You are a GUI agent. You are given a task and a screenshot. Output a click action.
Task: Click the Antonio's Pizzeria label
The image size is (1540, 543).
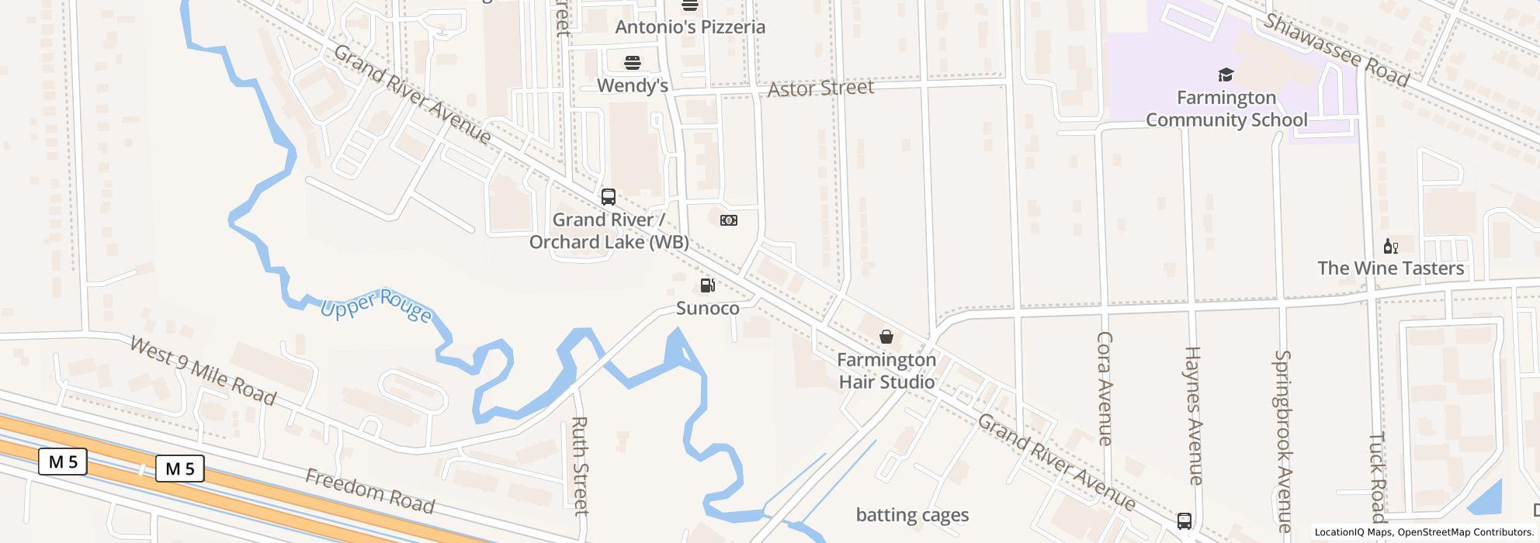click(x=690, y=27)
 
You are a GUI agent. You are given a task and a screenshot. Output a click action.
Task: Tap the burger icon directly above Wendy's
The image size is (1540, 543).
click(x=633, y=62)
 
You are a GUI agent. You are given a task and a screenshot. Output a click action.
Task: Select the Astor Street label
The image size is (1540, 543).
click(x=820, y=88)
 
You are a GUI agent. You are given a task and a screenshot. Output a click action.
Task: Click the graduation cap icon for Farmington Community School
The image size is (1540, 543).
click(x=1226, y=74)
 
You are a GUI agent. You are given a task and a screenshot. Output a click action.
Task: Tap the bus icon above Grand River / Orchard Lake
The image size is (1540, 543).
click(x=609, y=197)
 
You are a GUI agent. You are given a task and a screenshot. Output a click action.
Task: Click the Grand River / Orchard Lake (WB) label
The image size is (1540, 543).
click(x=609, y=231)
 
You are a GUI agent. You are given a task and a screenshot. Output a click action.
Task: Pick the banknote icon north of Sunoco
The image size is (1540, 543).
click(x=728, y=220)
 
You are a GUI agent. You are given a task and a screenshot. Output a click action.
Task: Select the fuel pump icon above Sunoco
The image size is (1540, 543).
click(x=707, y=285)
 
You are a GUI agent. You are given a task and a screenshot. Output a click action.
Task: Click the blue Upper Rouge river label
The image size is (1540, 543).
click(x=376, y=305)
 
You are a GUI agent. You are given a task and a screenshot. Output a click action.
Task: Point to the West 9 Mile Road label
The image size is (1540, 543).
click(x=203, y=371)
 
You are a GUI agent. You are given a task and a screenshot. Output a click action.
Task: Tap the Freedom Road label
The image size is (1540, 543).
click(x=369, y=490)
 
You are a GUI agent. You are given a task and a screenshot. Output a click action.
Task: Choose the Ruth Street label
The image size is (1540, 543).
click(x=580, y=465)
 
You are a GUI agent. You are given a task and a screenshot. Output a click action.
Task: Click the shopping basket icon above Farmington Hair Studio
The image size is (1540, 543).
click(x=886, y=337)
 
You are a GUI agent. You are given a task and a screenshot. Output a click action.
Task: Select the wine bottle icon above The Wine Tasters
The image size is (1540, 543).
click(x=1390, y=247)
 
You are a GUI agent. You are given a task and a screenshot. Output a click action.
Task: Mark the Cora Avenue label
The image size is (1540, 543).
click(x=1105, y=388)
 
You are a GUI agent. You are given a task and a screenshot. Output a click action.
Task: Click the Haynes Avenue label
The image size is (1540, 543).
click(x=1193, y=415)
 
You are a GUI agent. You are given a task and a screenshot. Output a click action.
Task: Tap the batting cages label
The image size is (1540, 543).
click(x=912, y=515)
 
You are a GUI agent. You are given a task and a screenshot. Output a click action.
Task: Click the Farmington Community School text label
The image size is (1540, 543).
click(x=1226, y=109)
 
